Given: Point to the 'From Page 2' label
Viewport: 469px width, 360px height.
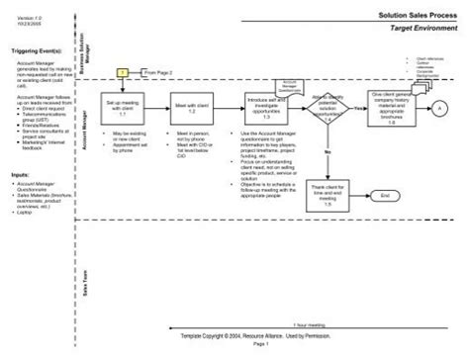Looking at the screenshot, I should coord(158,73).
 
